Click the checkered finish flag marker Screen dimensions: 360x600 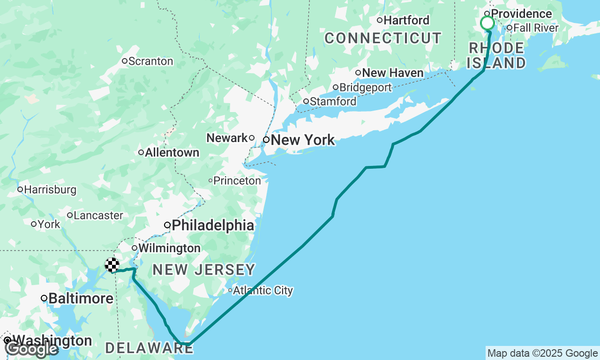point(112,265)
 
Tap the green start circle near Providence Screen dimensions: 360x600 point(487,23)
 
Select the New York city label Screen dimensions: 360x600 point(303,140)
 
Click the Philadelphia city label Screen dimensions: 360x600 point(213,225)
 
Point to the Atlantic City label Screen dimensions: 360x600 point(263,291)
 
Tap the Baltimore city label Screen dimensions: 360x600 point(81,299)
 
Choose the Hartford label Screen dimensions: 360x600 point(406,21)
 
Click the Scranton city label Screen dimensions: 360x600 point(150,61)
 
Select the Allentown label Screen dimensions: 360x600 point(172,153)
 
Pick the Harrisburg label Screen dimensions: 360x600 point(50,190)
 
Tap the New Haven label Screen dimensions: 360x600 point(393,73)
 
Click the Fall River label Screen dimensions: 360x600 point(536,28)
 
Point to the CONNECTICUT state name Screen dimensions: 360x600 point(383,38)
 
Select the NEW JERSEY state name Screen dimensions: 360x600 point(204,270)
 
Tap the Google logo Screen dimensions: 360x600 point(31,349)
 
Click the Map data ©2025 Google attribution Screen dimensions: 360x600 point(542,353)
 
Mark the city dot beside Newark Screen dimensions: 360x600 point(252,138)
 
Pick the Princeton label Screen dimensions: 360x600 point(237,180)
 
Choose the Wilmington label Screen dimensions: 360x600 point(169,248)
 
